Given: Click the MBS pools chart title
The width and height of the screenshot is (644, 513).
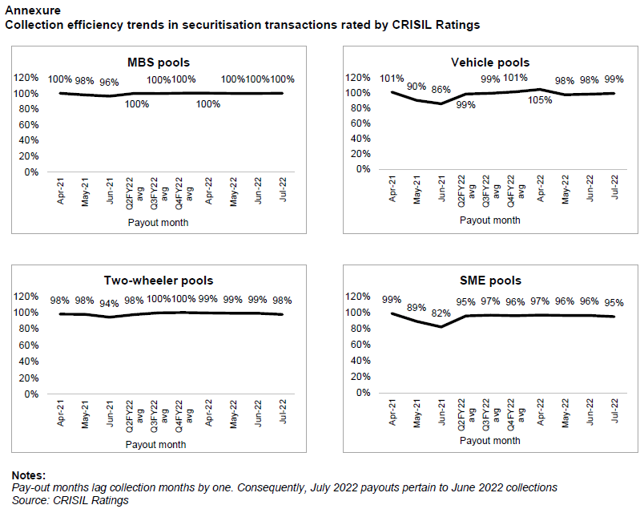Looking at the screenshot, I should click(159, 63).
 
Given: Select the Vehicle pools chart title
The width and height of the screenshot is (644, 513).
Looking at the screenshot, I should click(490, 63).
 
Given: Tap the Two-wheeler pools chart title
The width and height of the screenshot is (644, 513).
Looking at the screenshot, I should click(159, 281).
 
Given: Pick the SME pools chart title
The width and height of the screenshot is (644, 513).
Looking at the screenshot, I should click(490, 281).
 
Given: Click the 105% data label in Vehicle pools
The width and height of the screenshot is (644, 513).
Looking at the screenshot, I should click(540, 100).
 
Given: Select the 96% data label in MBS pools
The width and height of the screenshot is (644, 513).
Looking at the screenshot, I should click(109, 81).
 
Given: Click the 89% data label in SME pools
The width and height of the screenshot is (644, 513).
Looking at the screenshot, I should click(417, 307).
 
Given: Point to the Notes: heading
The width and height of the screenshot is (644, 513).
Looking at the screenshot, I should click(29, 475).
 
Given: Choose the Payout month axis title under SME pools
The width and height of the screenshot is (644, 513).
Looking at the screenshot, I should click(489, 440).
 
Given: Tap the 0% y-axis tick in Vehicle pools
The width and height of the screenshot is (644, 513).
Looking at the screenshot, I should click(364, 169).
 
